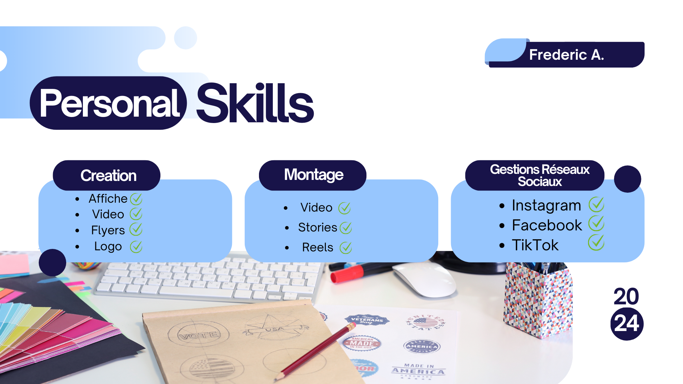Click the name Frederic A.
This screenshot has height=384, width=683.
566,55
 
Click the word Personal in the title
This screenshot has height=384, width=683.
110,103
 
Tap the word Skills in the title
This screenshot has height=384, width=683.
255,103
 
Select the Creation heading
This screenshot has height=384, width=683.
108,175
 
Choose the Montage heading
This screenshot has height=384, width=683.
314,175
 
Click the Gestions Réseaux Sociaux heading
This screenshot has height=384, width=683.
540,175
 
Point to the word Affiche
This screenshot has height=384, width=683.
108,198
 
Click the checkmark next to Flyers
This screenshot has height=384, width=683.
136,229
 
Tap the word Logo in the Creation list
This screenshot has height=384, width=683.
108,246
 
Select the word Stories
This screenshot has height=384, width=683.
318,227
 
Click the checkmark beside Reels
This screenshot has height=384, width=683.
346,247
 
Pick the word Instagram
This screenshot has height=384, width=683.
546,206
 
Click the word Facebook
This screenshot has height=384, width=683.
547,225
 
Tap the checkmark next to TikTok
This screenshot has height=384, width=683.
596,242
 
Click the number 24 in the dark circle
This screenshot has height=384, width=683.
627,324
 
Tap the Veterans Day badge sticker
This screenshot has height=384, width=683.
367,320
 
